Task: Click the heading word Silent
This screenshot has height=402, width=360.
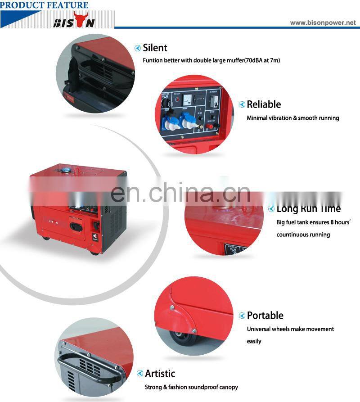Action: click(155, 48)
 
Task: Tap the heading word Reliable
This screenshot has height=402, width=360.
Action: click(264, 104)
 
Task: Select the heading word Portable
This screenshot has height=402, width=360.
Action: click(265, 315)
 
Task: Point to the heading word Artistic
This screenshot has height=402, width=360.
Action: click(160, 373)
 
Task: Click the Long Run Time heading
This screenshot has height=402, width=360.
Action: click(308, 208)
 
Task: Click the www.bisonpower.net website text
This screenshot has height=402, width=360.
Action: click(323, 23)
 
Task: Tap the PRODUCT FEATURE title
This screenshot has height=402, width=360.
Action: click(44, 5)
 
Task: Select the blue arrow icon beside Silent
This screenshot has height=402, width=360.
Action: click(138, 48)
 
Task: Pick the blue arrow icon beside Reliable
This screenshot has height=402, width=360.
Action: click(242, 105)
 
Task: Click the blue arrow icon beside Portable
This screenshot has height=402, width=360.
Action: click(242, 316)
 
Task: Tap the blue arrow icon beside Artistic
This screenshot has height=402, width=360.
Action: click(139, 374)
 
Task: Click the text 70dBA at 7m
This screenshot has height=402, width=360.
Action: click(261, 60)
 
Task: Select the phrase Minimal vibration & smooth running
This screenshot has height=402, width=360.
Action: click(292, 118)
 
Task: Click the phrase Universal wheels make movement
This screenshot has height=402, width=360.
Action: click(290, 329)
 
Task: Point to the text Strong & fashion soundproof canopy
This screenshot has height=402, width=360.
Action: click(191, 387)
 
